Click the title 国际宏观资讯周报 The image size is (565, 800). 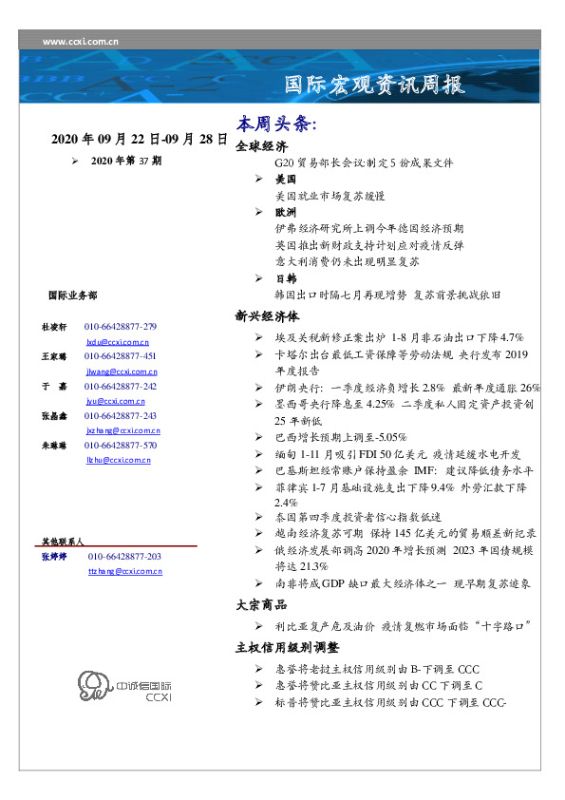[x=376, y=85]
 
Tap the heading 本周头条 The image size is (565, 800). [x=276, y=124]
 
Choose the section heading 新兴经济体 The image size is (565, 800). [x=267, y=317]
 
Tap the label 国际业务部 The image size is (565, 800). [x=71, y=296]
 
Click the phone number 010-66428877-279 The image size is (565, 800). [x=121, y=326]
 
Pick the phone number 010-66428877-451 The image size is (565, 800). [x=121, y=355]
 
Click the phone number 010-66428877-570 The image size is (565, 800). [x=121, y=445]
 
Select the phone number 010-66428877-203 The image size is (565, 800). [x=124, y=556]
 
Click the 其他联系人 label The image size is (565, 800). [x=63, y=540]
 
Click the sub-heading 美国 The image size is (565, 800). [x=285, y=179]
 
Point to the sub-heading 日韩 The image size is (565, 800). [x=285, y=277]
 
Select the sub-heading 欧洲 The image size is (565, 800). [x=285, y=212]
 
